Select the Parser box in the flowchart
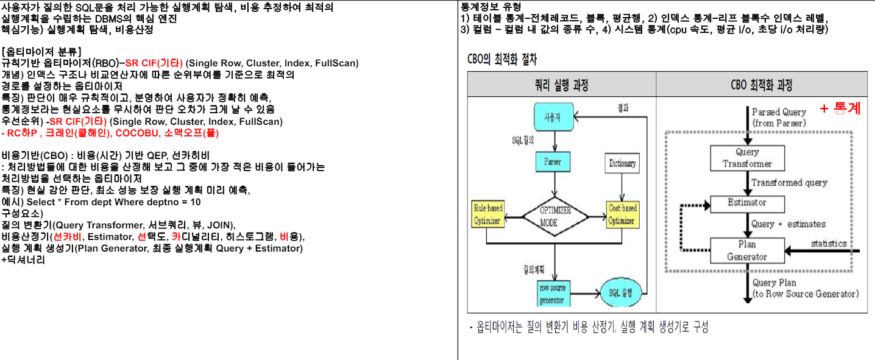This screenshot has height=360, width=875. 553,162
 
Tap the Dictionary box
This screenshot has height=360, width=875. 622,163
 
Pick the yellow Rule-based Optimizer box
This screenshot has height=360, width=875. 488,214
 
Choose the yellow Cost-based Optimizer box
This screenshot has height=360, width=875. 622,214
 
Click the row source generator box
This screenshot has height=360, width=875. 553,293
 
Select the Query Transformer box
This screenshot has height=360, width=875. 747,158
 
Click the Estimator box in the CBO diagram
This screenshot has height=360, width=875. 747,203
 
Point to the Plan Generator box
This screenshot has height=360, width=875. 747,250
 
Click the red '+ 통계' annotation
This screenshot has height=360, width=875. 840,109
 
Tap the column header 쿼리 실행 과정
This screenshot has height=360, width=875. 561,84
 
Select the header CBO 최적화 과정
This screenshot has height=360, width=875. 762,84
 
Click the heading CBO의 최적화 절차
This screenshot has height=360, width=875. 501,59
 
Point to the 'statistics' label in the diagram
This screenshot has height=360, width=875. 829,244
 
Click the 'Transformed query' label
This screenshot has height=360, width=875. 789,183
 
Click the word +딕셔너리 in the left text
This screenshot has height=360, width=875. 23,260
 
